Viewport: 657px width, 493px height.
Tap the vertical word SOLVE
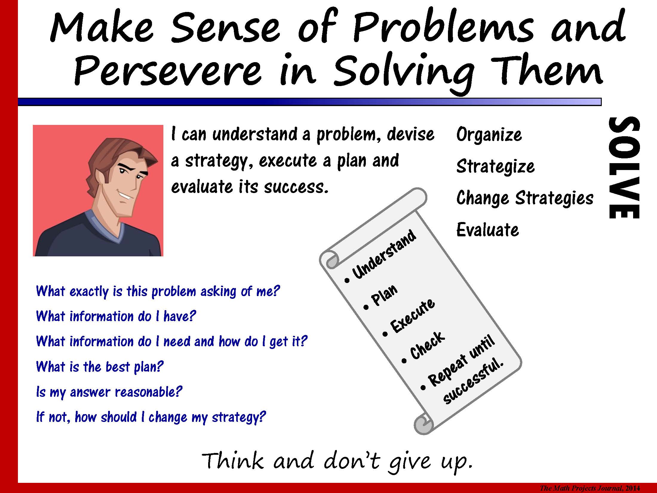pos(624,168)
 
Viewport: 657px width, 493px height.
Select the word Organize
pos(489,135)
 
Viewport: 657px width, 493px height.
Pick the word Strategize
pos(495,167)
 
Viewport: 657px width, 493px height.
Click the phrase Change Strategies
pos(525,198)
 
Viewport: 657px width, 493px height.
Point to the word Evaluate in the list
pos(488,230)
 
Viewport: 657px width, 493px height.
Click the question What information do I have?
pos(116,316)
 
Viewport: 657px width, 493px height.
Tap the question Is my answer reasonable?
pos(109,392)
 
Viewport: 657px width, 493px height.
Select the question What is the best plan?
pos(100,367)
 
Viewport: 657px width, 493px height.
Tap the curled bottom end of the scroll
pos(423,424)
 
